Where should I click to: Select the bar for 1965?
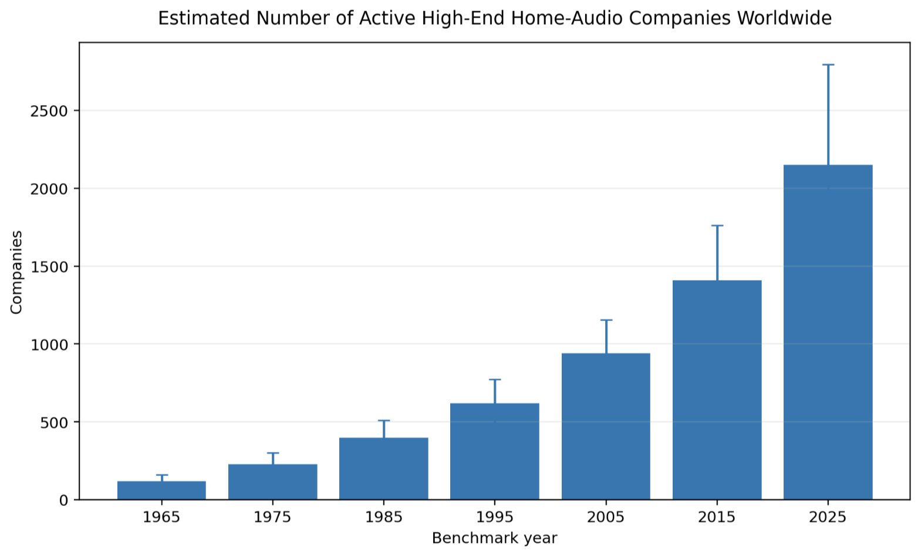pos(161,491)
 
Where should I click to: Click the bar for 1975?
pos(272,482)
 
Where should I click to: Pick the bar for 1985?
pos(384,469)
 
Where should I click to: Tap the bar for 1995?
pos(495,451)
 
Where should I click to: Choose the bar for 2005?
pos(606,427)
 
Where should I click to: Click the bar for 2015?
pos(717,390)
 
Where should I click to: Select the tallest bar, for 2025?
pos(828,332)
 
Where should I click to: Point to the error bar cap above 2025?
pos(828,65)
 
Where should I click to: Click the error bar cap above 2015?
pos(717,225)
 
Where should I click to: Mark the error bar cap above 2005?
pos(606,320)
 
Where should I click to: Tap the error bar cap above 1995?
pos(495,380)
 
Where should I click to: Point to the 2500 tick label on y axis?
pos(49,111)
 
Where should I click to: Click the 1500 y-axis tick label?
pos(49,267)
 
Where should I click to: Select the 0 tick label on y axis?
pos(63,501)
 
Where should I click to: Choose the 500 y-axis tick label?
pos(53,423)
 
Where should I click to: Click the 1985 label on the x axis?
pos(384,518)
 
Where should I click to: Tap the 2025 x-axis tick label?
pos(828,518)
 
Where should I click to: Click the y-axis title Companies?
pos(16,272)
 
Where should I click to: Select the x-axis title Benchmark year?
pos(495,538)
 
